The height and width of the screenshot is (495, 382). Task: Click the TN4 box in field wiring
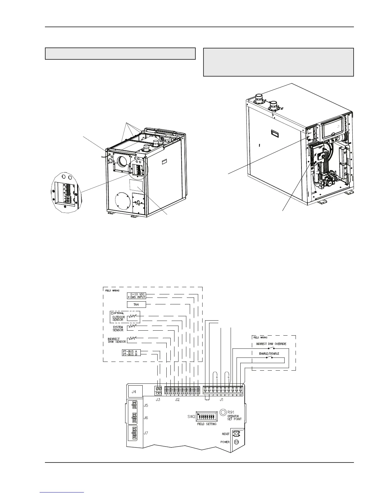[x=136, y=304]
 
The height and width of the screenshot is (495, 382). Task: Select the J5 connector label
[x=146, y=405]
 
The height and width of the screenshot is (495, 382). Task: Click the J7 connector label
[x=146, y=433]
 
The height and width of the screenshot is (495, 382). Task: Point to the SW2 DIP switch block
[x=206, y=417]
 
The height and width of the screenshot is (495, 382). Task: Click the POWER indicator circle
[x=237, y=442]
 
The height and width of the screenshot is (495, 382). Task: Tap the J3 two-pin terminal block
[x=159, y=390]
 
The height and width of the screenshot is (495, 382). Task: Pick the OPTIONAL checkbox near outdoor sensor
[x=112, y=313]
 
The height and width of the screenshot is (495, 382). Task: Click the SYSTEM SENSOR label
[x=118, y=328]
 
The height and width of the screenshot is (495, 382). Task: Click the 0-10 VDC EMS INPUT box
[x=136, y=296]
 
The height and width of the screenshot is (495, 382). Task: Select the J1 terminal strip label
[x=222, y=399]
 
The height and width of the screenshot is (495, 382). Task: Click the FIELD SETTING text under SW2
[x=207, y=424]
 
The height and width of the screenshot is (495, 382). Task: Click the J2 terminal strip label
[x=177, y=399]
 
